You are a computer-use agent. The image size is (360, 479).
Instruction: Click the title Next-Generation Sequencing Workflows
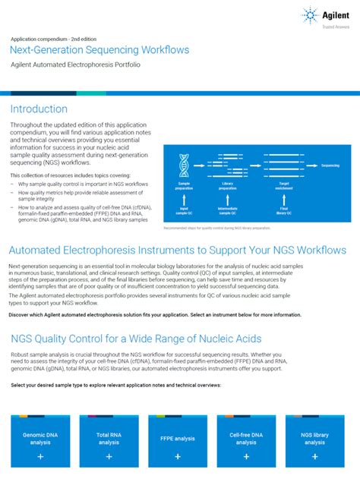(x=99, y=50)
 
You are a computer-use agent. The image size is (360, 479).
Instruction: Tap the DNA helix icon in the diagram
(x=183, y=164)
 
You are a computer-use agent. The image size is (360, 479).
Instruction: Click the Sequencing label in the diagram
(x=330, y=165)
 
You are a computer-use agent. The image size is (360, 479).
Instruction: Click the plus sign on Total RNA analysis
(x=109, y=457)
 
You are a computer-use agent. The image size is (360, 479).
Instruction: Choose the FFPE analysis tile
(x=178, y=440)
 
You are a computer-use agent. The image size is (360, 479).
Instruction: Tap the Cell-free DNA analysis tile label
(x=246, y=439)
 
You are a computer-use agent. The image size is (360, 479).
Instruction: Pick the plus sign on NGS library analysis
(x=314, y=457)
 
